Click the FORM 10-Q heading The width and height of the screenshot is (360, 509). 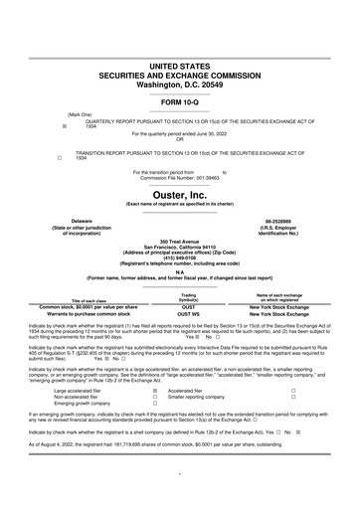click(180, 103)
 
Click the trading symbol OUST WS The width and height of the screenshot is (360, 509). click(188, 315)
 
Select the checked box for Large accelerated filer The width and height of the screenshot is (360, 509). click(154, 392)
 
